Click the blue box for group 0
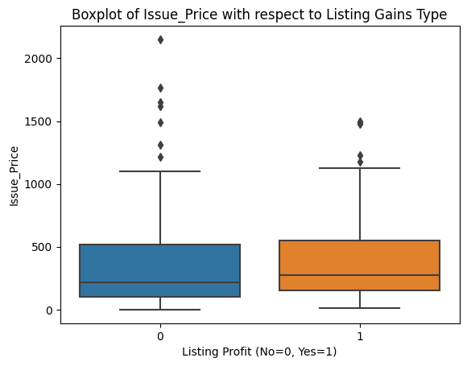tap(160, 270)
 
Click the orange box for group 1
tap(360, 265)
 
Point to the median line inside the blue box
tap(160, 282)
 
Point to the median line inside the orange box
tap(360, 275)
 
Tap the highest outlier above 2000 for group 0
tap(160, 39)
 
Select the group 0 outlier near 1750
tap(160, 88)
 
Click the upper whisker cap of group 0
tap(160, 171)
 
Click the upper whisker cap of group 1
tap(360, 168)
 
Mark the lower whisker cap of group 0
tap(160, 310)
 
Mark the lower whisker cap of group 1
tap(360, 308)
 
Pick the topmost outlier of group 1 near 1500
tap(360, 121)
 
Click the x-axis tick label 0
tap(160, 335)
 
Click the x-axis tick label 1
tap(360, 335)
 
